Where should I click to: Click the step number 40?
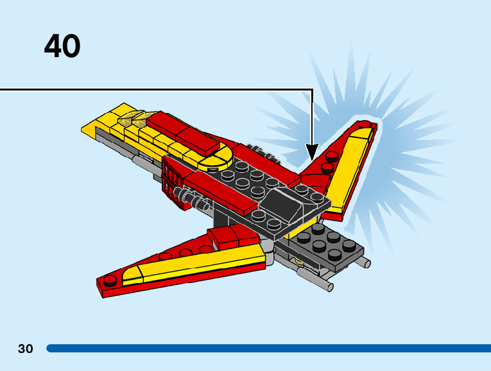(62, 46)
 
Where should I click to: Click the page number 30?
(25, 349)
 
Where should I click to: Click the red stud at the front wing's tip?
(110, 280)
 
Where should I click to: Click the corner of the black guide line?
(312, 90)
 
